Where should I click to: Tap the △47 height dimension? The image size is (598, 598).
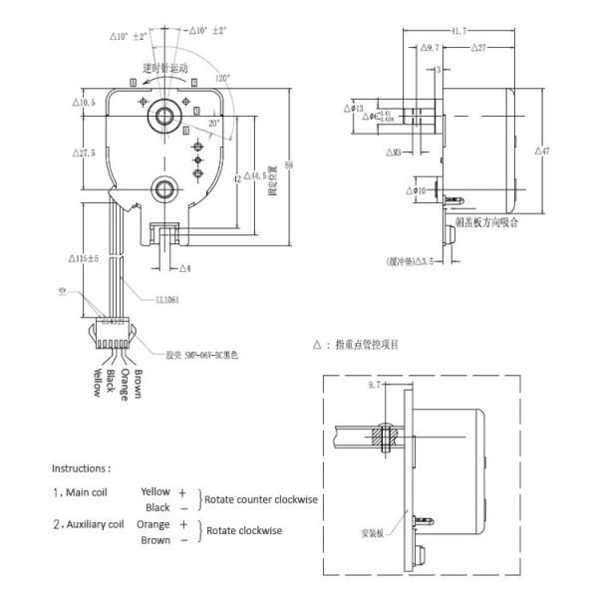tap(543, 150)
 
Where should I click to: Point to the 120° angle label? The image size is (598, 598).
tap(220, 76)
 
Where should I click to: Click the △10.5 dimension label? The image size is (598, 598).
tap(84, 102)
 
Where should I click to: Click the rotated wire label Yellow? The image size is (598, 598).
tap(97, 381)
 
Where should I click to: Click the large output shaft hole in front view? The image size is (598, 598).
tap(161, 117)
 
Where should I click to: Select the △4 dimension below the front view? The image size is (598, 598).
tap(185, 268)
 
